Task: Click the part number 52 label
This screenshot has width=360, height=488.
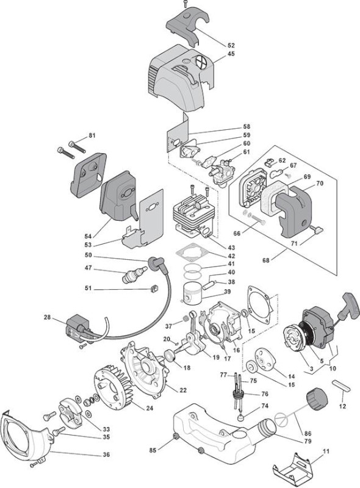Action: (231, 45)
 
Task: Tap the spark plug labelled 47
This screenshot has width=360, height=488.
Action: (134, 274)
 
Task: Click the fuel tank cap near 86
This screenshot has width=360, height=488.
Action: (317, 398)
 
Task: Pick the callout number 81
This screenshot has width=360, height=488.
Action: (92, 135)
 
